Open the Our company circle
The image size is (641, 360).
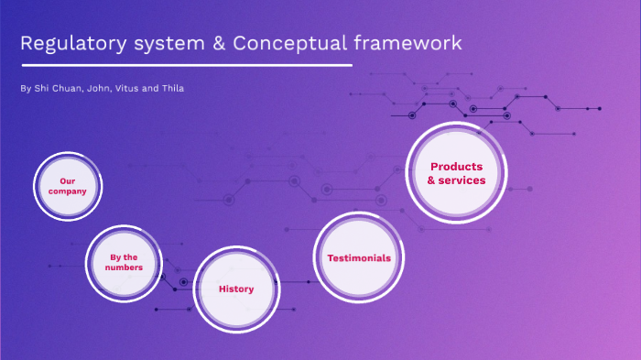coord(67,186)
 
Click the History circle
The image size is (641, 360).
coord(236,289)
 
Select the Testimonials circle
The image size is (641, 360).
coord(359,257)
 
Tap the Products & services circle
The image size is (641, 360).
coord(456,173)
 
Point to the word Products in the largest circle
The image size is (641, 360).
coord(456,167)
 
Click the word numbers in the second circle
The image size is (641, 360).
coord(124,267)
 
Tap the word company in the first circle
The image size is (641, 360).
coord(67,191)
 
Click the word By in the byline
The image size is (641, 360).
coord(24,88)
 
